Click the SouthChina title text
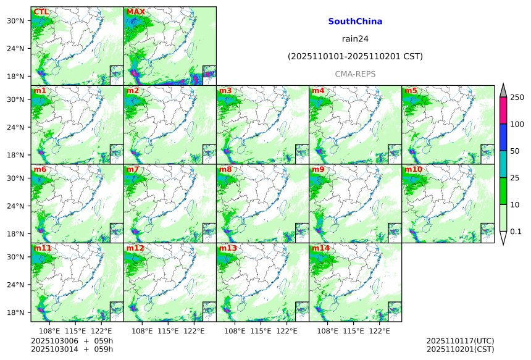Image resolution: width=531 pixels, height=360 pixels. [x=355, y=22]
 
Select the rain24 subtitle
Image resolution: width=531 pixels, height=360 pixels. [x=355, y=39]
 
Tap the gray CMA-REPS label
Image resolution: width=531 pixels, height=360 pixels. [x=355, y=74]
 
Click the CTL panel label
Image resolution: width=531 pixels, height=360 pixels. [x=41, y=12]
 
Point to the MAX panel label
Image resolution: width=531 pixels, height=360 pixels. [x=135, y=12]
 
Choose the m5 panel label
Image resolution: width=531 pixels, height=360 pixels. [x=411, y=91]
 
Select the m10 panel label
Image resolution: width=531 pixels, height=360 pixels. [x=413, y=169]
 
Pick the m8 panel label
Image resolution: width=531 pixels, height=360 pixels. [x=225, y=169]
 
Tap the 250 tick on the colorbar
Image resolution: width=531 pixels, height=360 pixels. [x=517, y=98]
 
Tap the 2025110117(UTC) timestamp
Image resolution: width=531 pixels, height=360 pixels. [x=460, y=341]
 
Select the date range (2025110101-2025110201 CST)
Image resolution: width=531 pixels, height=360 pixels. [x=355, y=57]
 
